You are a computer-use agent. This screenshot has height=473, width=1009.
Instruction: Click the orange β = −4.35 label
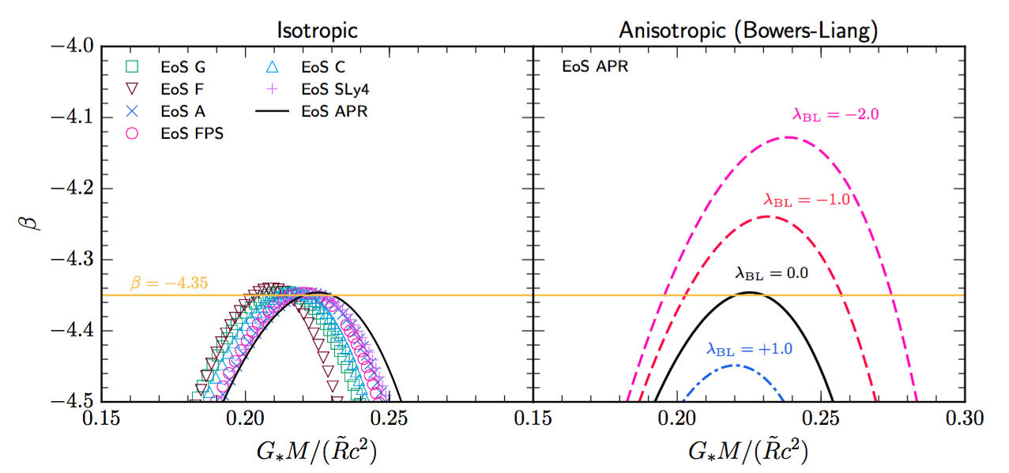pyautogui.click(x=168, y=283)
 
